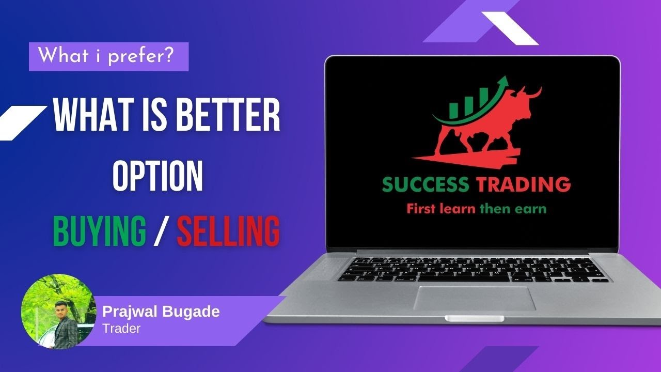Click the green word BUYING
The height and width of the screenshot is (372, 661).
coord(99,233)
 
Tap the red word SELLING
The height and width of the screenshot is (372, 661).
coord(228,233)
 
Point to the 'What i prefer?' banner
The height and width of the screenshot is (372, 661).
coord(108,56)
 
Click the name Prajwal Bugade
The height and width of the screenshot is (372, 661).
coord(161,312)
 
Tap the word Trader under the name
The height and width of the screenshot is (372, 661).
coord(121,328)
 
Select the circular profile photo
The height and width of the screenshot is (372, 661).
coord(58,312)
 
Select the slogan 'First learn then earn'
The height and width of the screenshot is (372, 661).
coord(477,209)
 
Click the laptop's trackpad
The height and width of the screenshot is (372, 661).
coord(475,298)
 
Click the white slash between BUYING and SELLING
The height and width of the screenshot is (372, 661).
coord(161,233)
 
